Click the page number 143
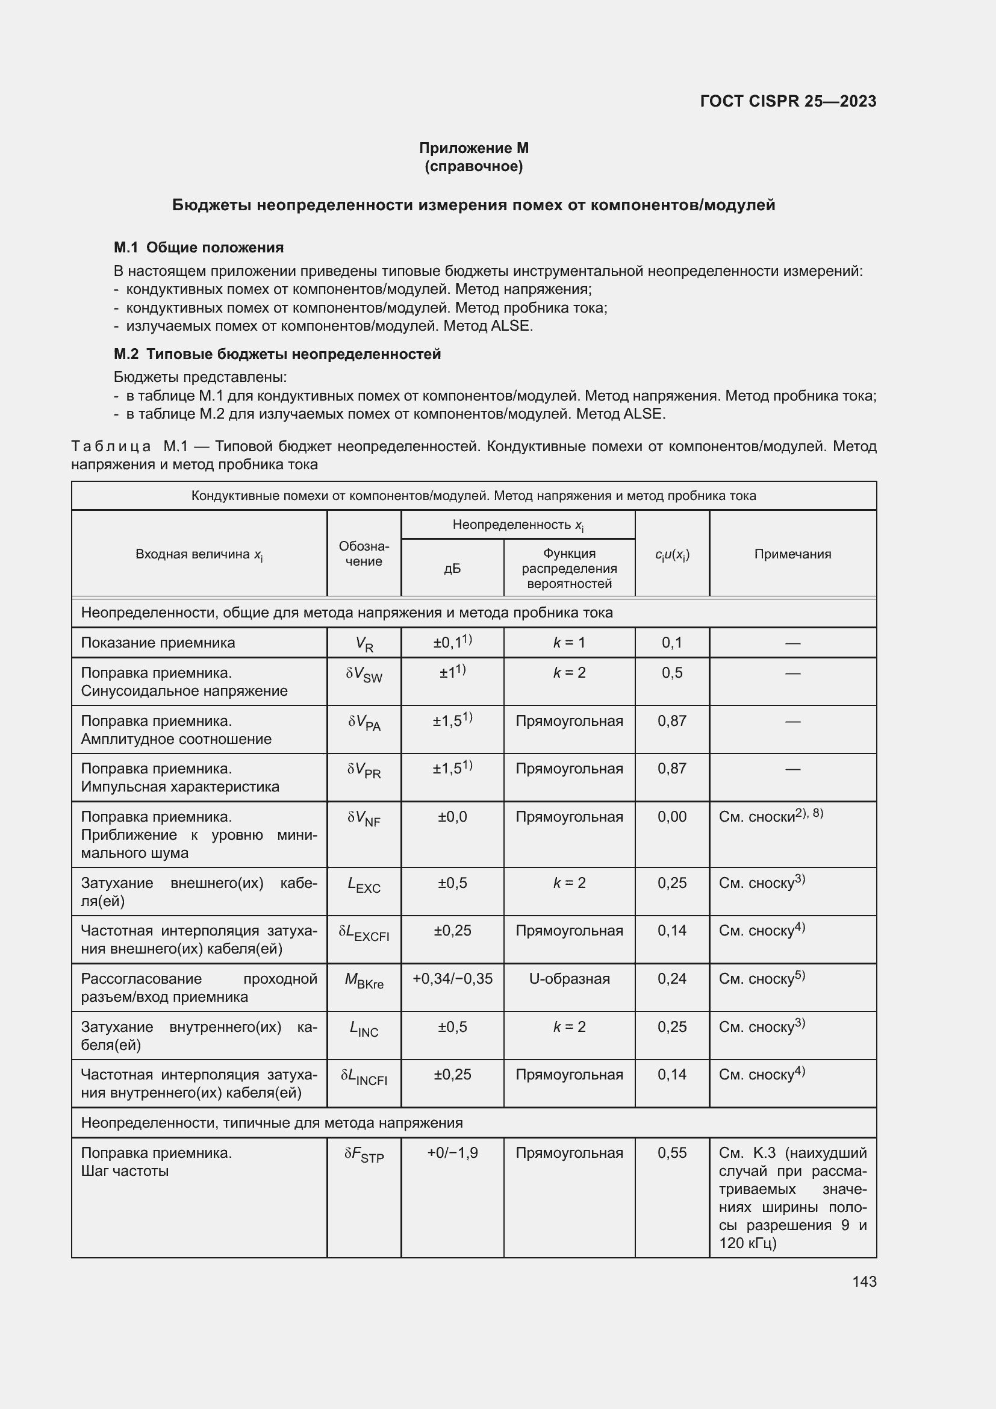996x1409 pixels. pos(864,1281)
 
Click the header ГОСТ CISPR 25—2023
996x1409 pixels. pos(788,101)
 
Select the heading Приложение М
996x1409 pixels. pos(473,148)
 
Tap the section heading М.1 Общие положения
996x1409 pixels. pos(199,248)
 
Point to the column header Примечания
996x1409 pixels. pos(792,554)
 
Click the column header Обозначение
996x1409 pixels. pos(364,553)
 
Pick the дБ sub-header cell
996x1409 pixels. pos(452,568)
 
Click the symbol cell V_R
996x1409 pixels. pos(364,644)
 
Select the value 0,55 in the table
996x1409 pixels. pos(671,1152)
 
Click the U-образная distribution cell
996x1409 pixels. pos(569,978)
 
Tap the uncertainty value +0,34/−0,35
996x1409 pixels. pos(452,978)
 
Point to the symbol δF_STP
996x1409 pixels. pos(364,1154)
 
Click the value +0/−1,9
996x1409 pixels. pos(452,1152)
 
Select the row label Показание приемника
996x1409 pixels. pos(158,643)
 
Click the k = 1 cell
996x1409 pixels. pos(569,643)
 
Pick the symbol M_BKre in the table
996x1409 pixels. pos(364,980)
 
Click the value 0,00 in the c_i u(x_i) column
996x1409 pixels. pos(671,816)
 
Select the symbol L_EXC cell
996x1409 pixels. pos(364,884)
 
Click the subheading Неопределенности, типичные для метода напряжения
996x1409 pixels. pos(272,1122)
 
